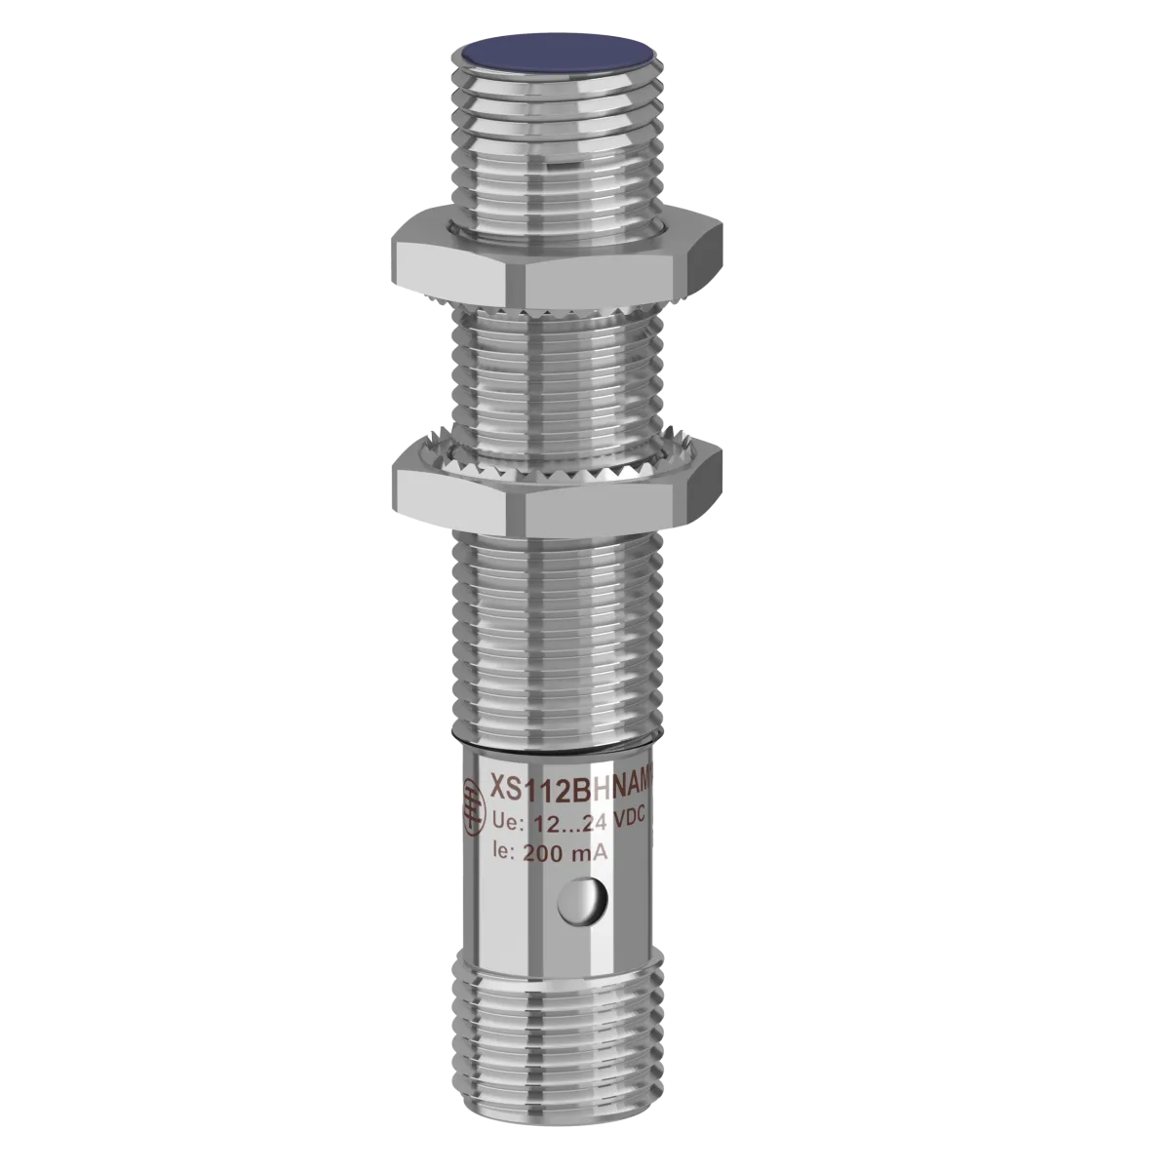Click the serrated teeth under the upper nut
pyautogui.click(x=560, y=315)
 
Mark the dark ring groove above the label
pyautogui.click(x=560, y=735)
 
